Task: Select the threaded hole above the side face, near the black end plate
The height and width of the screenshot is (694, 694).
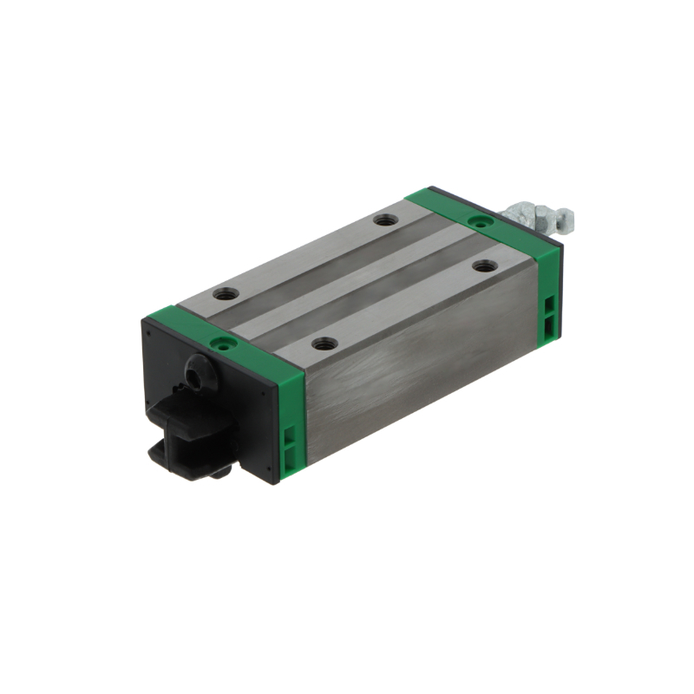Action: (x=323, y=344)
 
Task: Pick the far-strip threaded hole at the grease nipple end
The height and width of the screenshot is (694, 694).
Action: (x=385, y=219)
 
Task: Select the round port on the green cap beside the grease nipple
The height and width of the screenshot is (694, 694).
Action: (x=475, y=221)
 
